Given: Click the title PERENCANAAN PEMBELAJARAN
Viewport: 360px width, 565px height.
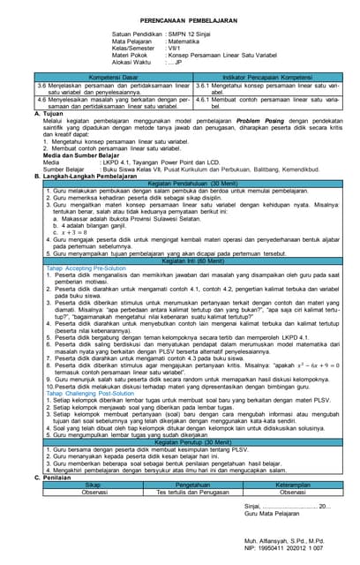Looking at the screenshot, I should [179, 19].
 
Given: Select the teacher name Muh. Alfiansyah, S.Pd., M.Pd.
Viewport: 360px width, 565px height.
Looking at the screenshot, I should [280, 536].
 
